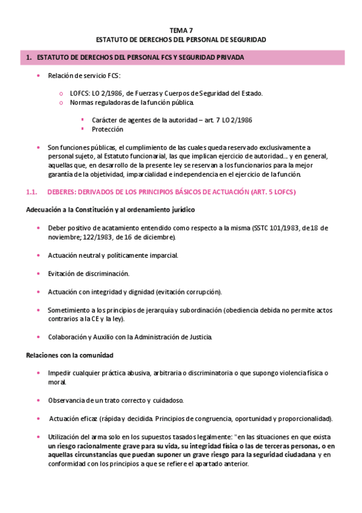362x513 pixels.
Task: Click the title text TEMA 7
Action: coord(181,29)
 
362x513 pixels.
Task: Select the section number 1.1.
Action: coord(33,192)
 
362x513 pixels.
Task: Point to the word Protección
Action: coord(108,129)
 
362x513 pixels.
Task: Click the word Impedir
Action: coord(60,373)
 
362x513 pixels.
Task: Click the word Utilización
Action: coord(66,437)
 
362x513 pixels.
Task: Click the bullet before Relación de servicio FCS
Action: coord(38,76)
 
